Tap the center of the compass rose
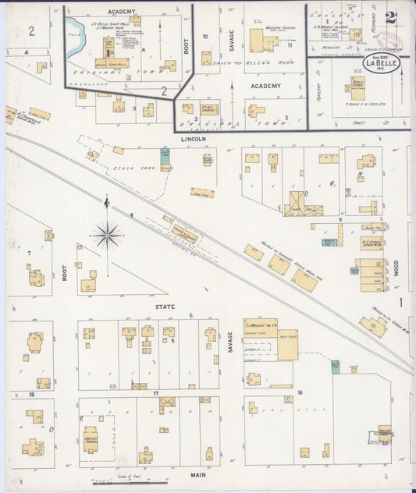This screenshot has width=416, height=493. [x=107, y=233]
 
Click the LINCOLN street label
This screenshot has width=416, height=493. [x=193, y=139]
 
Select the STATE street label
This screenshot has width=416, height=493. [x=165, y=307]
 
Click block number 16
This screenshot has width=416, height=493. [x=299, y=392]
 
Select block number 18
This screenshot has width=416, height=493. [x=32, y=395]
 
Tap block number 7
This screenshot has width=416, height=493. [x=29, y=254]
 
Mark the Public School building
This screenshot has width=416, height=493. [x=357, y=88]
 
